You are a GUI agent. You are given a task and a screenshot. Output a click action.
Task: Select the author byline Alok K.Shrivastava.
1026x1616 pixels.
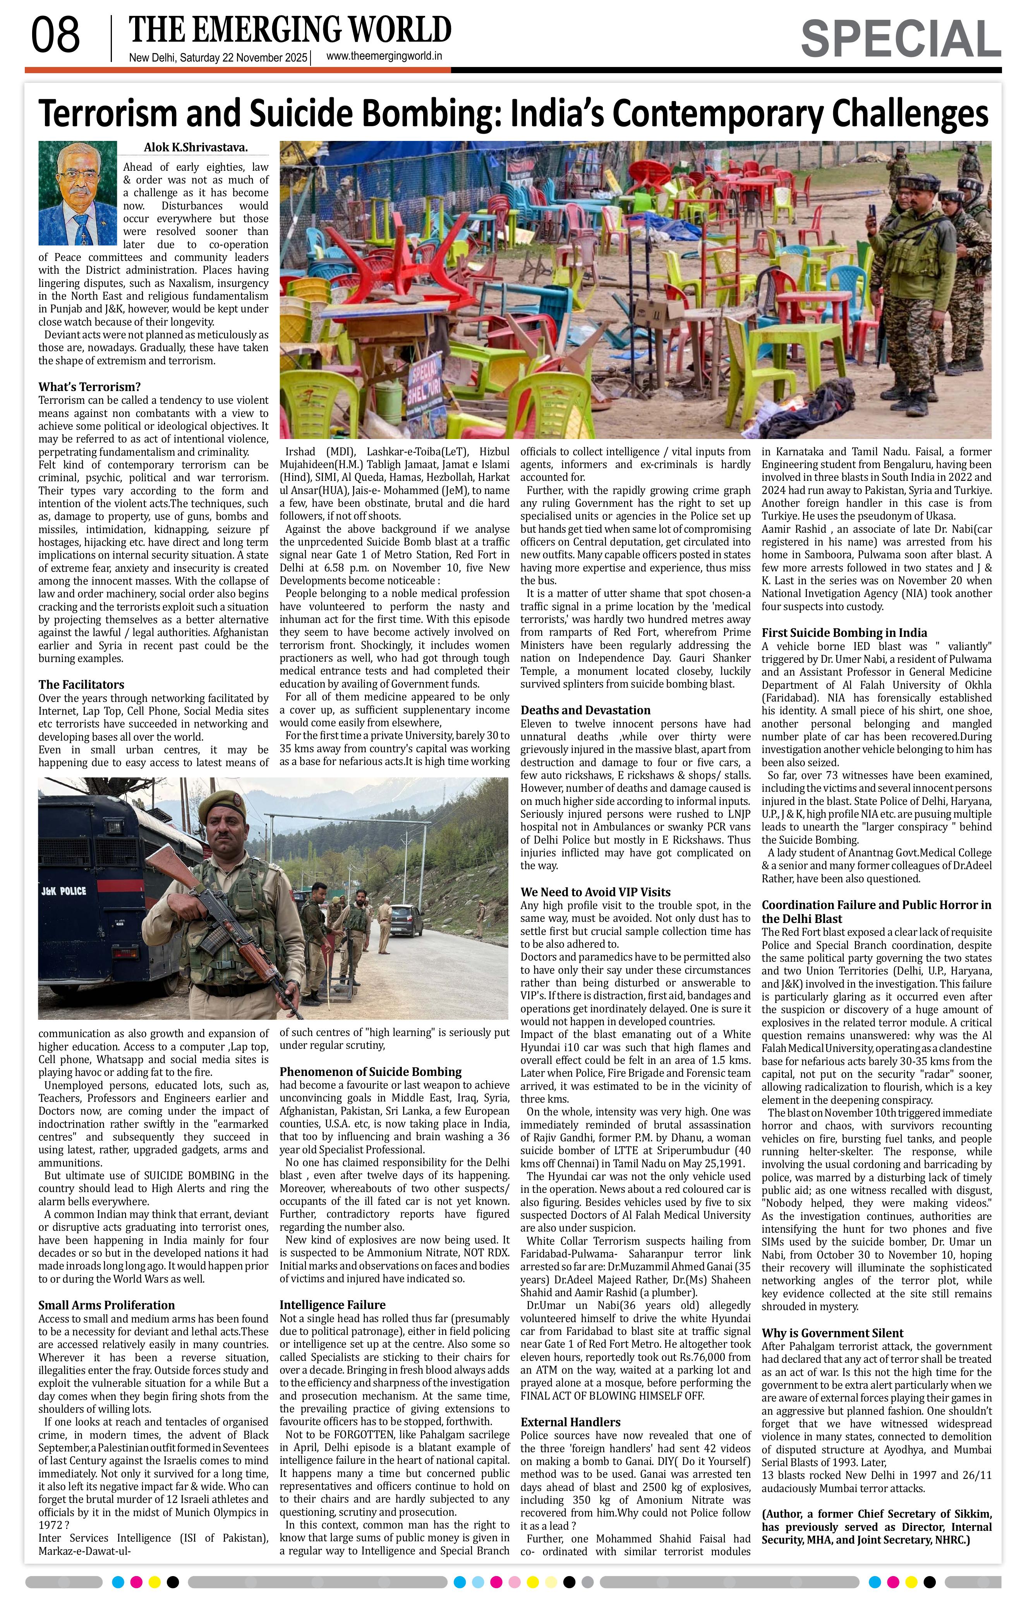tap(195, 148)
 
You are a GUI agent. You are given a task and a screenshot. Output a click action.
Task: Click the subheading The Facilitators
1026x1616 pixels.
tap(81, 684)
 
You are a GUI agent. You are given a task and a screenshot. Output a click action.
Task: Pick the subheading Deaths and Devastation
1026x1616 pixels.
tap(585, 710)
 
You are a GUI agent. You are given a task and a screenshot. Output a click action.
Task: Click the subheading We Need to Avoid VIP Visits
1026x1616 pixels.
tap(595, 892)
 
